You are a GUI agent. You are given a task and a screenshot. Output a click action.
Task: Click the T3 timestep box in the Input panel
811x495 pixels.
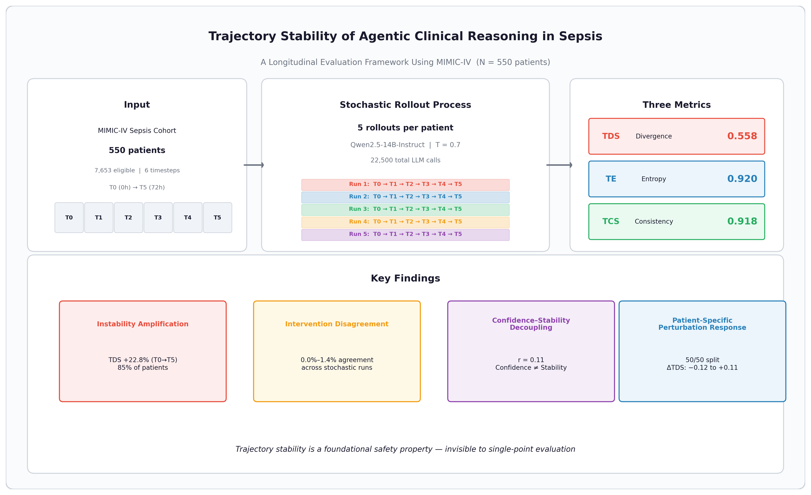[x=158, y=218]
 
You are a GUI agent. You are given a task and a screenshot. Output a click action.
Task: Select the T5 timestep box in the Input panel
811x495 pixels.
[x=218, y=218]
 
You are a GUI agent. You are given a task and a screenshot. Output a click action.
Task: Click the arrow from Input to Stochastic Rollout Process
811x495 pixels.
[x=254, y=165]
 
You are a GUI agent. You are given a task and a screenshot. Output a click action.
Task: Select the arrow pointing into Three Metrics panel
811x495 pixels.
[x=559, y=165]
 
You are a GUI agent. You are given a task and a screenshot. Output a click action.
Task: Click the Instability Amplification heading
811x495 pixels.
[x=142, y=324]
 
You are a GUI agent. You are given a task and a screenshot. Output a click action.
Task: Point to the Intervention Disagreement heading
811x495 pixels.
[x=337, y=324]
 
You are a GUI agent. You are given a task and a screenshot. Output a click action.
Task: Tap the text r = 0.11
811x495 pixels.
[x=531, y=360]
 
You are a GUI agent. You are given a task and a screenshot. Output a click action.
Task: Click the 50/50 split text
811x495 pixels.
[x=702, y=360]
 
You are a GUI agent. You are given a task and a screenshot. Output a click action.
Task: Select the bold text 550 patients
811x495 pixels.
[x=137, y=150]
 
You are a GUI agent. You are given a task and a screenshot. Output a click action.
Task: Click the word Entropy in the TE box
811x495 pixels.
[x=653, y=179]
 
